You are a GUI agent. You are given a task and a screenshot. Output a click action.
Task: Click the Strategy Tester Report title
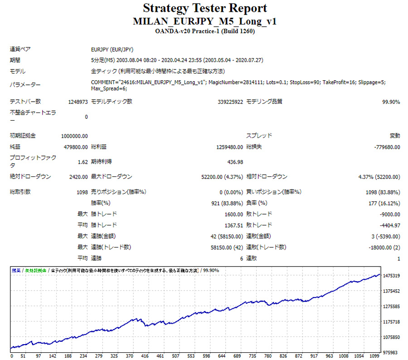click(205, 8)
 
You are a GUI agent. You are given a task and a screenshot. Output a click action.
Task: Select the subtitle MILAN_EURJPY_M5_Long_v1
click(205, 21)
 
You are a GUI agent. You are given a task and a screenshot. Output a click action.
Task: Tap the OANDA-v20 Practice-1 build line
click(205, 32)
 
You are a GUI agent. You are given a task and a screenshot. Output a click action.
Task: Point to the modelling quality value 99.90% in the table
click(391, 102)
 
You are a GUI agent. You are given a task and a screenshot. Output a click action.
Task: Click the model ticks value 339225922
click(230, 102)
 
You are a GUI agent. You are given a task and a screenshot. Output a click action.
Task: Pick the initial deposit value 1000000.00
click(74, 136)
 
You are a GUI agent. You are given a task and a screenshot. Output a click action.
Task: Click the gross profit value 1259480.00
click(229, 147)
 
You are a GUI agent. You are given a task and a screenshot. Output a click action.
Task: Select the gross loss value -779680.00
click(387, 147)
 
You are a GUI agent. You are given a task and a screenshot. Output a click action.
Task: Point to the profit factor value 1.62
click(83, 162)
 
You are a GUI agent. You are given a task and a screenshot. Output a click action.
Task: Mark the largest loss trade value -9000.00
click(390, 214)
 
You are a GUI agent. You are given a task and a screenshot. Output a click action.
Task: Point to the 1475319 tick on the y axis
click(391, 276)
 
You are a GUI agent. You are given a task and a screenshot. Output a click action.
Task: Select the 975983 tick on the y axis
click(391, 352)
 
